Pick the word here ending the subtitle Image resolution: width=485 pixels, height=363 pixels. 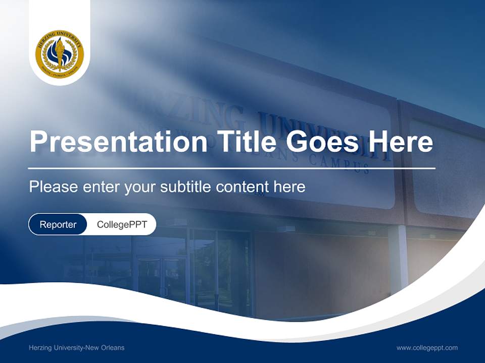(x=289, y=187)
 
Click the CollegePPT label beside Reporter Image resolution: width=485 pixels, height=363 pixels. (x=122, y=225)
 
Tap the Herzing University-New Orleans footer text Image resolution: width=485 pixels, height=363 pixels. (x=76, y=348)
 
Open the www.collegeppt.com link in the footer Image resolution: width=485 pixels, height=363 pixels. (x=427, y=348)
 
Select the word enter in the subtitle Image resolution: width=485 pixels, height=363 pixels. (x=101, y=187)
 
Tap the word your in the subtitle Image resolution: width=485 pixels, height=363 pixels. (x=141, y=188)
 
